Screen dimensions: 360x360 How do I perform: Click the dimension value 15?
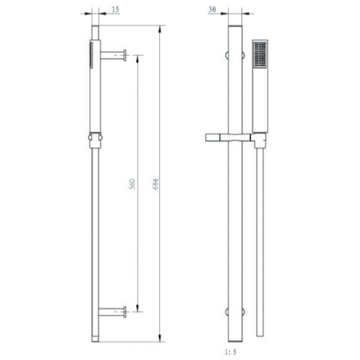[115, 10]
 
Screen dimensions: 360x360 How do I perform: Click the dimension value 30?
[212, 9]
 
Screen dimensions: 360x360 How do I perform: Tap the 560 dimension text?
[132, 184]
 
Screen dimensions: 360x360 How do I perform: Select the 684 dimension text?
[156, 184]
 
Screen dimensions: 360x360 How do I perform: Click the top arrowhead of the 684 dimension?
[160, 30]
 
